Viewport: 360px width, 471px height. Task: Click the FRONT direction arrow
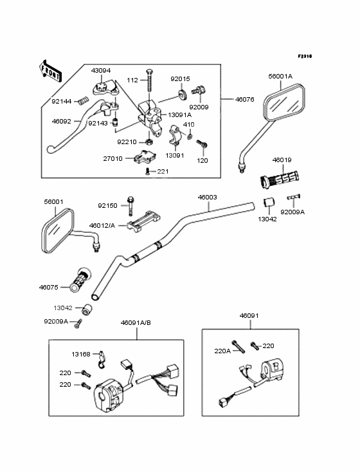[x=50, y=71]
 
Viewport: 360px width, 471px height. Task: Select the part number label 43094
[x=101, y=71]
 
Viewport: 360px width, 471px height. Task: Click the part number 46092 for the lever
[x=62, y=122]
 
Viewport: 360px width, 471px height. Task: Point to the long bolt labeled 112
[x=149, y=81]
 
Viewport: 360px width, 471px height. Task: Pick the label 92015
[x=180, y=79]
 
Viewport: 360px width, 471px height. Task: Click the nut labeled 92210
[x=148, y=142]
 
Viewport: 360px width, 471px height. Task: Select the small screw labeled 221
[x=147, y=171]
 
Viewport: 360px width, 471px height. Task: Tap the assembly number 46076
[x=245, y=100]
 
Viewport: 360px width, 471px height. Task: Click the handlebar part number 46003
[x=207, y=198]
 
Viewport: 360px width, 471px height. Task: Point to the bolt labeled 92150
[x=130, y=205]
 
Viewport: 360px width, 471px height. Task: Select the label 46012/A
[x=102, y=225]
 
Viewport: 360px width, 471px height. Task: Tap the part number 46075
[x=49, y=288]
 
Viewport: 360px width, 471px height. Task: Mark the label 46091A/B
[x=136, y=323]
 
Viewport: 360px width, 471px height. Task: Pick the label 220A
[x=222, y=351]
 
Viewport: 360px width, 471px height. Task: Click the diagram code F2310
[x=305, y=56]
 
